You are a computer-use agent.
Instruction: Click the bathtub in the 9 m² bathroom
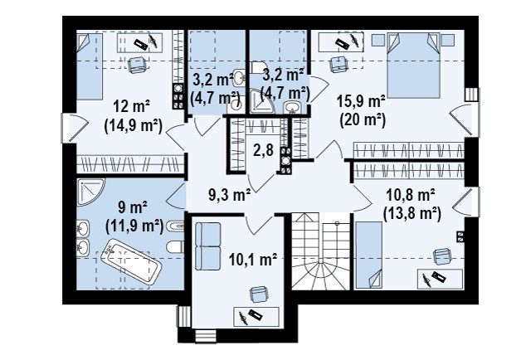pyautogui.click(x=131, y=261)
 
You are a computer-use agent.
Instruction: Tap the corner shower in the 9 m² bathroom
pyautogui.click(x=89, y=191)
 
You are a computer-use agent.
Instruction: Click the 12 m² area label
pyautogui.click(x=132, y=107)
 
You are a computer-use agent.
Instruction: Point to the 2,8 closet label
pyautogui.click(x=263, y=149)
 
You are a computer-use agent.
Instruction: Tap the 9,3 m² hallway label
pyautogui.click(x=229, y=195)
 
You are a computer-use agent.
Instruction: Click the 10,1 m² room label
pyautogui.click(x=252, y=260)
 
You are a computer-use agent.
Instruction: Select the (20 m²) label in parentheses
pyautogui.click(x=363, y=120)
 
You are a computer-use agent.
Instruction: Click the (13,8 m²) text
pyautogui.click(x=412, y=214)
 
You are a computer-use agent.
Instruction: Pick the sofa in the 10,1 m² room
pyautogui.click(x=207, y=246)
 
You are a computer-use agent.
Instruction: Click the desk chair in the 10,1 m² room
pyautogui.click(x=259, y=294)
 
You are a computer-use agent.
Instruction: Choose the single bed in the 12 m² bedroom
pyautogui.click(x=90, y=66)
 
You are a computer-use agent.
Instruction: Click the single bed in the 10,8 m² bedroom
pyautogui.click(x=368, y=255)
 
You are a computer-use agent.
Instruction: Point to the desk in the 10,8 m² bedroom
pyautogui.click(x=440, y=279)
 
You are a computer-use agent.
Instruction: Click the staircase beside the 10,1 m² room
pyautogui.click(x=320, y=251)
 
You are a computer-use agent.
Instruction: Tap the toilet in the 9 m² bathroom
pyautogui.click(x=175, y=246)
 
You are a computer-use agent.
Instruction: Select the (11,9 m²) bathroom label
pyautogui.click(x=134, y=226)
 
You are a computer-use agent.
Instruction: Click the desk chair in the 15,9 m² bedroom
pyautogui.click(x=339, y=64)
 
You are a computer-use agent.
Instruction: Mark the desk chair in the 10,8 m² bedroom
pyautogui.click(x=442, y=257)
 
